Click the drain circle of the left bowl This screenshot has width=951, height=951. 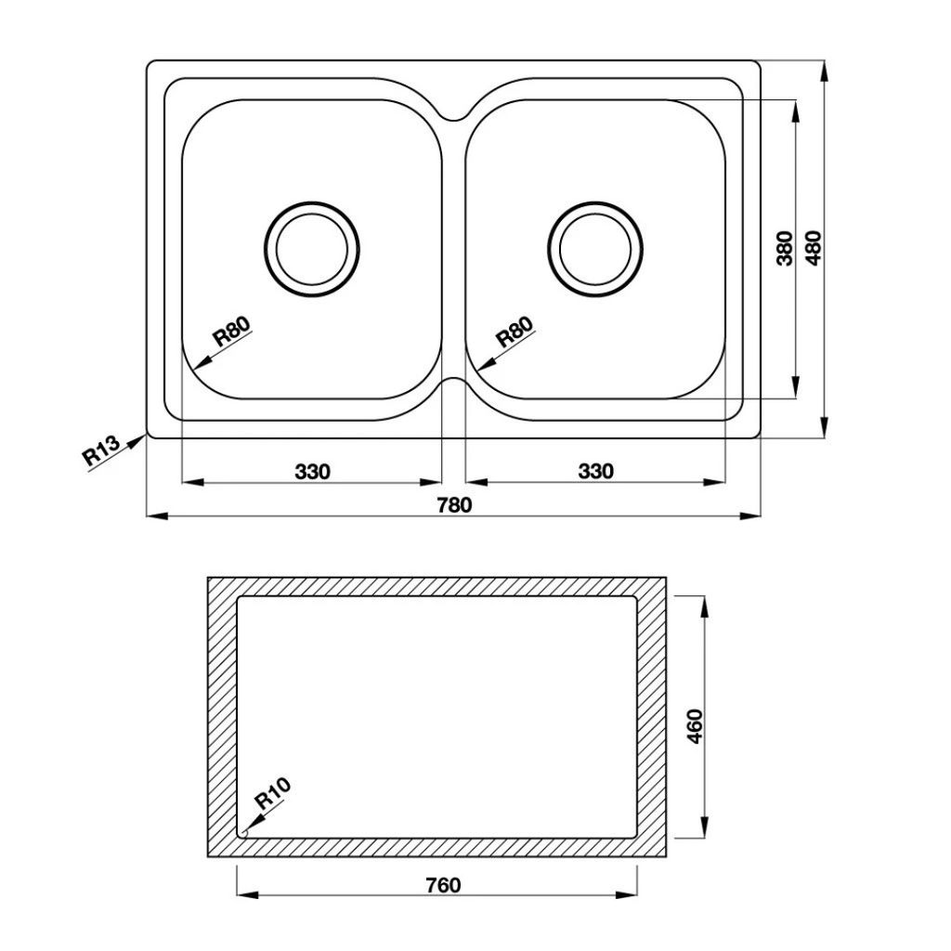312,248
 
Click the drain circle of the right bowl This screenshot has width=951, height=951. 595,248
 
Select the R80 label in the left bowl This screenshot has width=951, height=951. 232,332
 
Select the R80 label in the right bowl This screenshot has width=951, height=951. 515,332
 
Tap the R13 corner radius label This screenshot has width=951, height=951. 101,450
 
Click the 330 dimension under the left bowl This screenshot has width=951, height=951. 313,472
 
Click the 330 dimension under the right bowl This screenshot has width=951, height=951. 595,472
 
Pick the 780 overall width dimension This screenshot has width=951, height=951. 454,505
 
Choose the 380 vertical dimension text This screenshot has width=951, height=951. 785,248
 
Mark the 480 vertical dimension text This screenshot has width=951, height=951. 814,248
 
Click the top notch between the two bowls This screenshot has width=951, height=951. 454,115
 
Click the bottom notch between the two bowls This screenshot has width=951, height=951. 454,382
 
